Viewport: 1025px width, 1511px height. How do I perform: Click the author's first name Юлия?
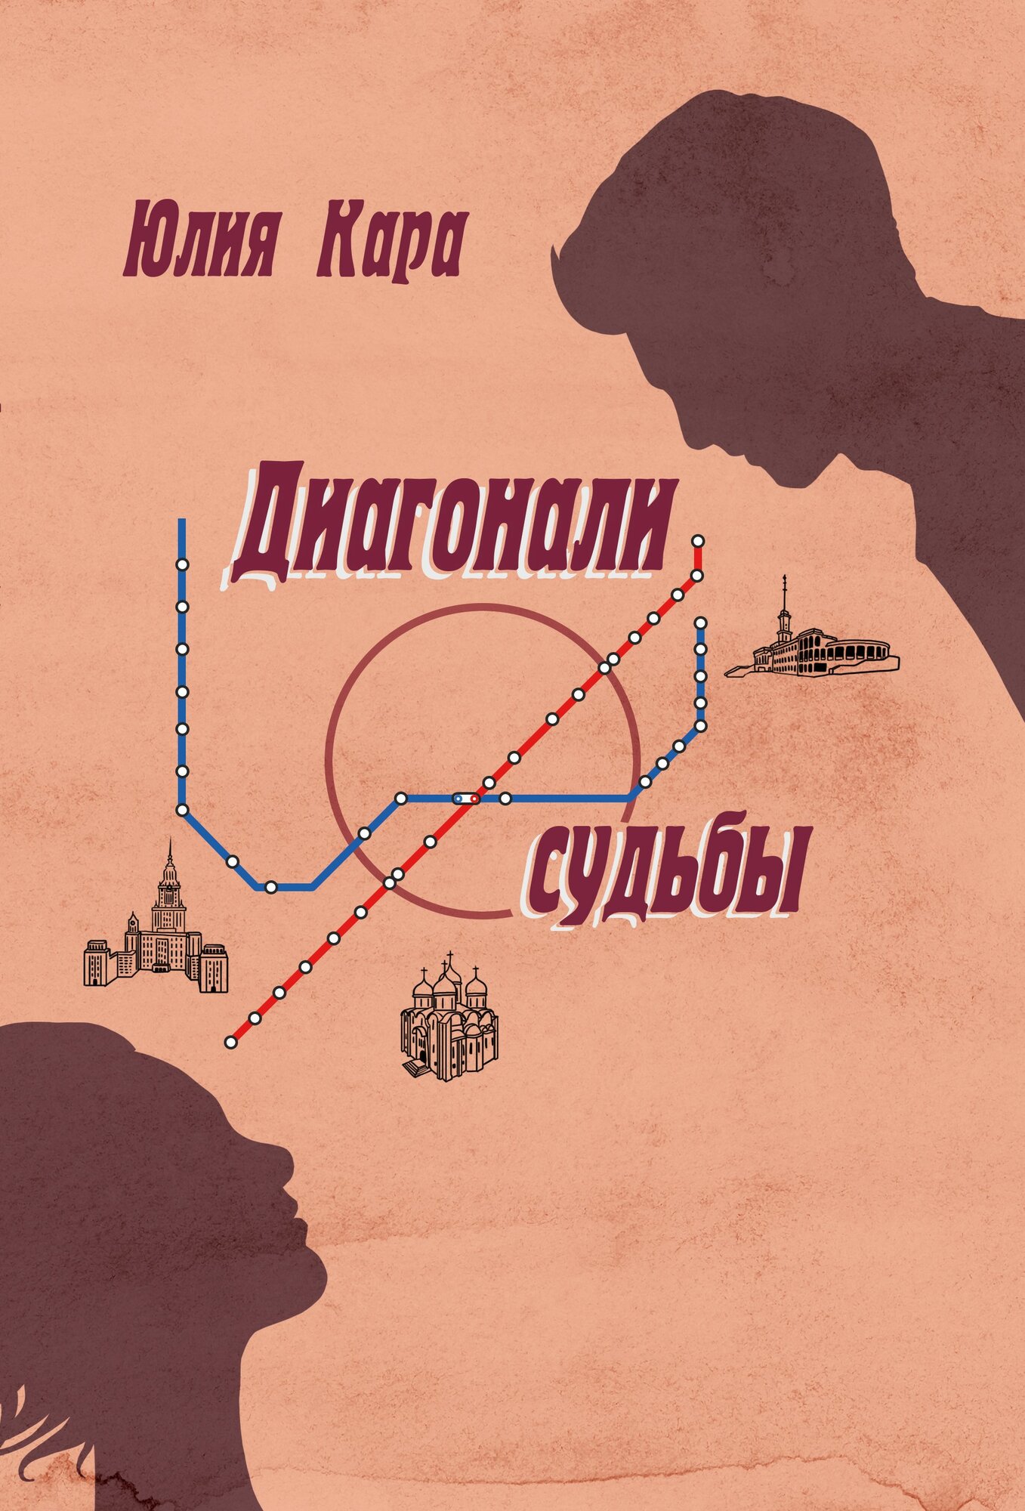click(201, 246)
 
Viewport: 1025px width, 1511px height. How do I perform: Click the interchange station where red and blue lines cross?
click(465, 798)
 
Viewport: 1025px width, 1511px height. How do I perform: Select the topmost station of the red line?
click(698, 541)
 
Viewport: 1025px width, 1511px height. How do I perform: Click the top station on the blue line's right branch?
click(700, 623)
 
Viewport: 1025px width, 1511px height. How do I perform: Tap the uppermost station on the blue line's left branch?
click(182, 564)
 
